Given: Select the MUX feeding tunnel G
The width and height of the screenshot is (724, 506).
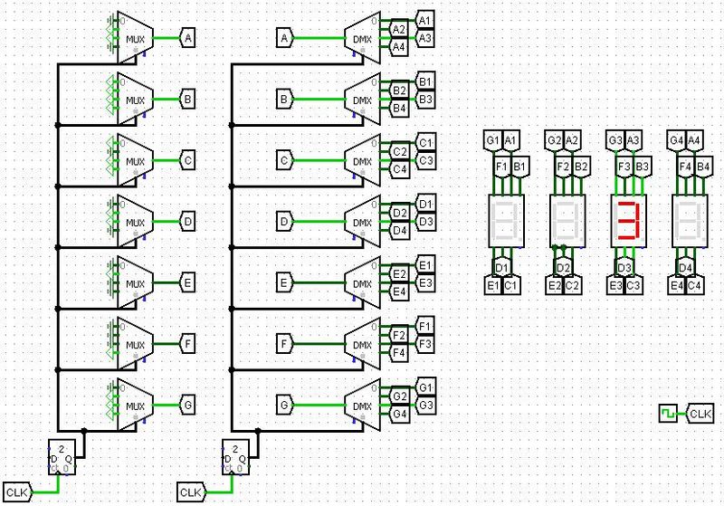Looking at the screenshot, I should click(135, 405).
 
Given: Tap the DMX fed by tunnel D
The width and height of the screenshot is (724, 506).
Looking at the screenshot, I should click(362, 222).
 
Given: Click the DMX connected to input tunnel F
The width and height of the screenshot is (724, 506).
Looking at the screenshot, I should click(362, 344).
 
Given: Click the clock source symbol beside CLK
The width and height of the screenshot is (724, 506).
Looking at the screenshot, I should click(668, 414).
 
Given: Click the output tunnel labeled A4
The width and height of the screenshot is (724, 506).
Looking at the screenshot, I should click(399, 48).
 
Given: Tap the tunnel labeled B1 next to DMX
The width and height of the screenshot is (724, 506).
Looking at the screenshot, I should click(425, 81).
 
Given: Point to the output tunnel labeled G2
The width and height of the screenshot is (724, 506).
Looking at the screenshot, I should click(399, 395).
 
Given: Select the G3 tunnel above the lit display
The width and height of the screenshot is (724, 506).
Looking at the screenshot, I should click(615, 140).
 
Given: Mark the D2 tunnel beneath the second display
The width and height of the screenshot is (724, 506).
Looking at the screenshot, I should click(563, 268).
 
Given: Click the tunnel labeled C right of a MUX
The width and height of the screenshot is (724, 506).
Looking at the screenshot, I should click(187, 160).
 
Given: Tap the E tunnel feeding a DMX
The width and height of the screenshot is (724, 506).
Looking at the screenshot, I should click(285, 283).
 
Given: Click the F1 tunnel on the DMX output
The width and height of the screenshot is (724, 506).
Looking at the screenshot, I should click(425, 325).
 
